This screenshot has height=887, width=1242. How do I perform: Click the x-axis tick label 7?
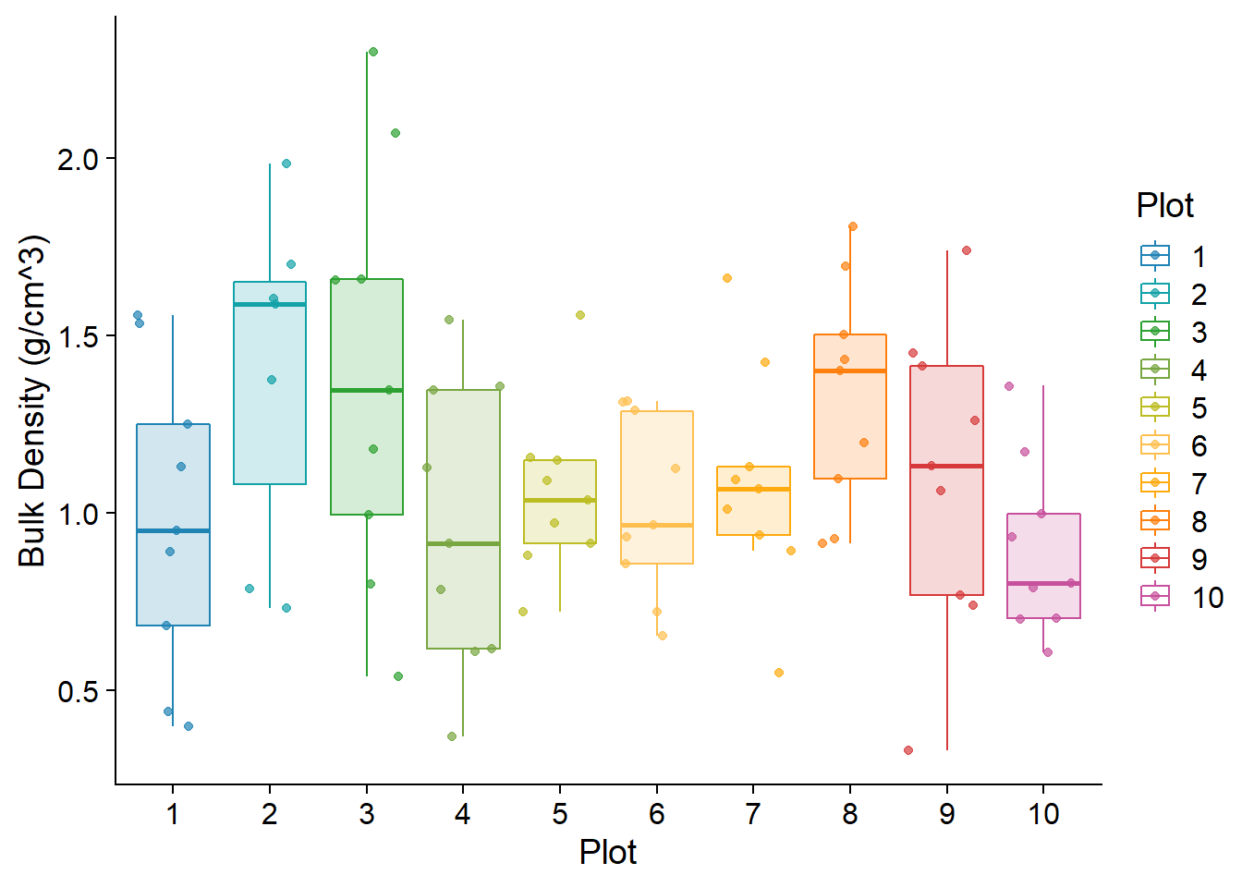click(753, 814)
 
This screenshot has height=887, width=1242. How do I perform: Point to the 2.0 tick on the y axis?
click(78, 159)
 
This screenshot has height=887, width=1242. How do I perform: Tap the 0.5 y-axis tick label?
click(78, 691)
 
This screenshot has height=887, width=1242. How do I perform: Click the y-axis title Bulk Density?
click(32, 401)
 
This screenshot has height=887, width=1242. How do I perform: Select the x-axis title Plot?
click(608, 852)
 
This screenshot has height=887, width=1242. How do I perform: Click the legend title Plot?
click(1164, 205)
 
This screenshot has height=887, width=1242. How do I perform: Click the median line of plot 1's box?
click(173, 531)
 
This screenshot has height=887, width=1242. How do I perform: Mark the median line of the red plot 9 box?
click(946, 467)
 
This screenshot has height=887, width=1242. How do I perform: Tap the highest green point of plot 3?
click(372, 52)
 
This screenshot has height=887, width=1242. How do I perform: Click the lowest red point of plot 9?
click(908, 750)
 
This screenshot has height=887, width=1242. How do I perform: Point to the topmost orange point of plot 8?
click(853, 226)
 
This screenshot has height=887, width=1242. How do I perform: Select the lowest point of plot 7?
click(779, 673)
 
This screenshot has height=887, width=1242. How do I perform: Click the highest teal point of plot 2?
click(286, 164)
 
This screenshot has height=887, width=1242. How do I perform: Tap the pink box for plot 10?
click(1043, 554)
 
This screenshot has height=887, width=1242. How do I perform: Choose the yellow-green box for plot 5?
click(560, 480)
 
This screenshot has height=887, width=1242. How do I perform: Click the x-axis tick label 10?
click(1043, 814)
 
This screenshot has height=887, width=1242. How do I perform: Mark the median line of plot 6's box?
click(657, 525)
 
